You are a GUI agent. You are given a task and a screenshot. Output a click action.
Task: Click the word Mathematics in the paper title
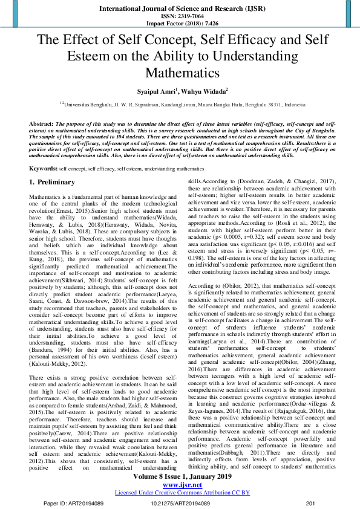[180, 73]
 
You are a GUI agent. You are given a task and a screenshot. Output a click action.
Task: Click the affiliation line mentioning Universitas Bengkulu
[180, 104]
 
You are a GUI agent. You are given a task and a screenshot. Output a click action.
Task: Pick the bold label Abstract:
[41, 123]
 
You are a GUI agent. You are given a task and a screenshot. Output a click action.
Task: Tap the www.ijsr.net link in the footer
[180, 484]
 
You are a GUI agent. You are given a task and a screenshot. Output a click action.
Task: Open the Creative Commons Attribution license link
[180, 492]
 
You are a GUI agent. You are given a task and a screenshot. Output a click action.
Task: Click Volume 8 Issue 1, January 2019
[180, 476]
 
